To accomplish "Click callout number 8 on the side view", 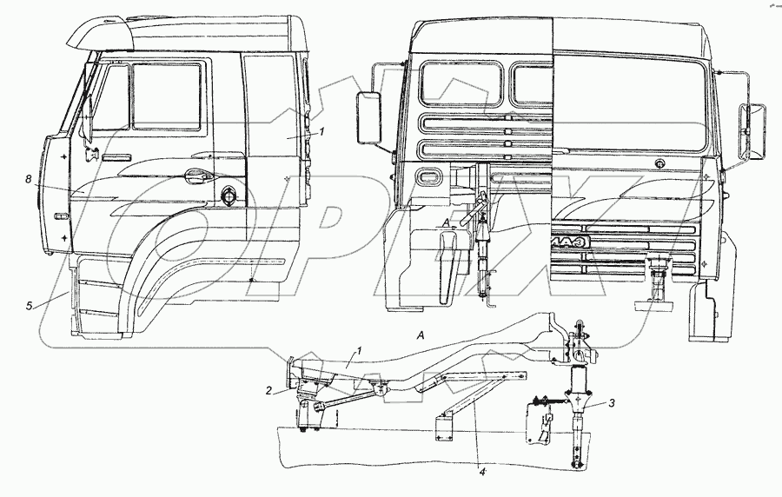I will (29, 180).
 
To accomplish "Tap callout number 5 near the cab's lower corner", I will (29, 305).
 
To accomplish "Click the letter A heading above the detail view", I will (420, 335).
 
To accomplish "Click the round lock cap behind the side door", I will (229, 196).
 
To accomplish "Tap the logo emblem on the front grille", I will (571, 243).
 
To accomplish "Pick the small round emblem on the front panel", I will (660, 163).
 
